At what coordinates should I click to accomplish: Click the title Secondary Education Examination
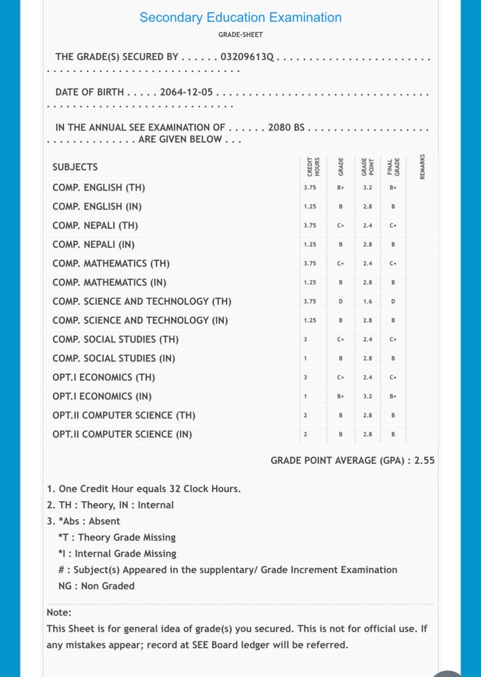tap(240, 18)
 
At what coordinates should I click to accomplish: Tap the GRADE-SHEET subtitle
tap(240, 35)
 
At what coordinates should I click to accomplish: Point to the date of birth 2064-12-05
tap(186, 92)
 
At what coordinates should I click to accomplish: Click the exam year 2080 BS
tap(286, 127)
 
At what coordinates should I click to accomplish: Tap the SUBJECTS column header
tap(75, 167)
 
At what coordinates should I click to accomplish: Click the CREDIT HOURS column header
tap(313, 166)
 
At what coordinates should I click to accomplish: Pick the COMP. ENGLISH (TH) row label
tap(98, 188)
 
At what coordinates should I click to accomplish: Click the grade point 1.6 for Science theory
tap(367, 301)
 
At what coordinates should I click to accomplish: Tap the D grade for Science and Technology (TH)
tap(341, 301)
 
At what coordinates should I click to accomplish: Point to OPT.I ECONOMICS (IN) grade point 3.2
tap(367, 397)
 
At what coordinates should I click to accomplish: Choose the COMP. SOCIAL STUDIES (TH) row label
tap(115, 340)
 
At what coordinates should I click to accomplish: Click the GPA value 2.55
tap(424, 460)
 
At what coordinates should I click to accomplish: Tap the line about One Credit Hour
tap(143, 489)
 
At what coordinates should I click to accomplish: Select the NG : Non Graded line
tap(96, 586)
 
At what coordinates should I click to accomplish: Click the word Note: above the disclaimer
tap(59, 613)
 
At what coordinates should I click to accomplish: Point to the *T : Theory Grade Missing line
tap(116, 538)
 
